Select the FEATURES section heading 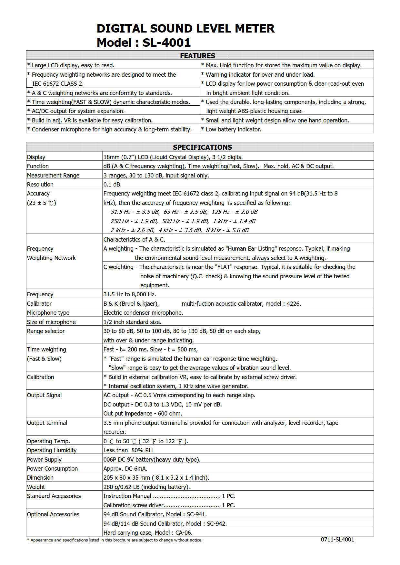[197, 56]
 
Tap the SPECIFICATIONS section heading [202, 147]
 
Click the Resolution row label [40, 185]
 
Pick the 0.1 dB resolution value [112, 185]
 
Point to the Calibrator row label [39, 303]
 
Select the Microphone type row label [48, 313]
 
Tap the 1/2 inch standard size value [132, 322]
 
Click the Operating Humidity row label [52, 450]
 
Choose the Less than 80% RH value [128, 450]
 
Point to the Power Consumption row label [52, 469]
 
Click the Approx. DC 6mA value [125, 469]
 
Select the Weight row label [36, 487]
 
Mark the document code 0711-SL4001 [337, 540]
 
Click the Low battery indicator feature [233, 129]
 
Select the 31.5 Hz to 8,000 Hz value [130, 294]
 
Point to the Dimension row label [40, 478]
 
